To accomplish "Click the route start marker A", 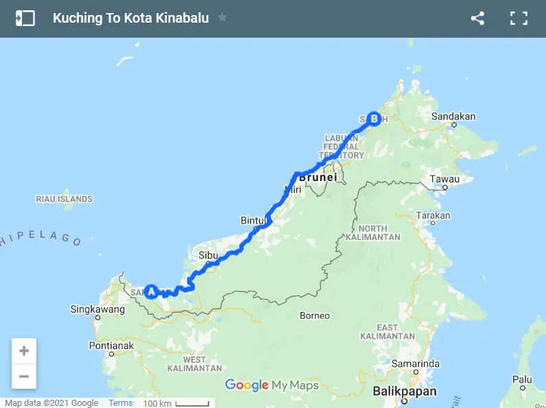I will pos(151,291).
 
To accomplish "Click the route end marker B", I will pos(374,119).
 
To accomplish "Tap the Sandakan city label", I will pos(453,117).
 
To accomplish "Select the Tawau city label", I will pos(444,180).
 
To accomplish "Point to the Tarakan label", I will pos(434,215).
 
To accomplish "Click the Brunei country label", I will pos(318,177).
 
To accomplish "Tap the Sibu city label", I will pos(208,254).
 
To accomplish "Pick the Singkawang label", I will pos(97,309).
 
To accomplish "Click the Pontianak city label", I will pos(112,346).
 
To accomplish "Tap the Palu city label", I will pos(523,379).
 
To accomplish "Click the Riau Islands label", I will pos(64,199).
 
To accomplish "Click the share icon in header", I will pos(477,19).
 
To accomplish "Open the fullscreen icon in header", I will pos(519,19).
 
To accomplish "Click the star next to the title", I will pos(222,18).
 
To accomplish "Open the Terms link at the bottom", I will pos(121,403).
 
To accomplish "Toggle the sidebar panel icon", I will pos(25,19).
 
